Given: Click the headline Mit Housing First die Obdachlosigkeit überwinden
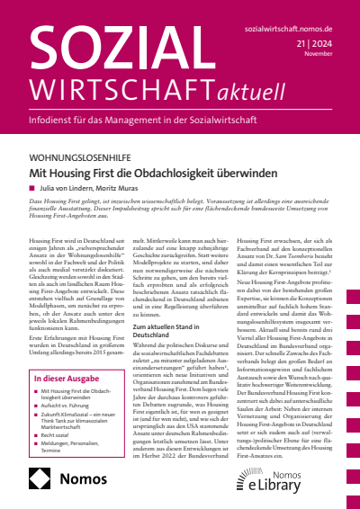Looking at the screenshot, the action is [x=171, y=171].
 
